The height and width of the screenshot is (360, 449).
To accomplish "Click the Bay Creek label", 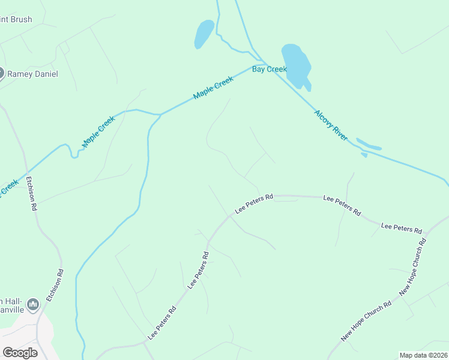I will coord(270,69).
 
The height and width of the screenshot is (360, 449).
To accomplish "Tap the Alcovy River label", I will coord(331,125).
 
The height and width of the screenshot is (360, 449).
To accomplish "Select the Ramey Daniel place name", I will coord(33,74).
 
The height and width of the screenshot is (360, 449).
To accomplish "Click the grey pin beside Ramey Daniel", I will coord(1,73).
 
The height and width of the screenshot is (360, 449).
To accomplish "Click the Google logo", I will coord(20,353).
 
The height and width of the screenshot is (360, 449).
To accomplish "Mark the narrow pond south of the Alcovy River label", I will coord(369,145).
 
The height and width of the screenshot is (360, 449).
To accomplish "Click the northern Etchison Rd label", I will coord(31,193).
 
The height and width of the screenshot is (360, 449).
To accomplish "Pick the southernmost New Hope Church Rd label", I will coord(366,320).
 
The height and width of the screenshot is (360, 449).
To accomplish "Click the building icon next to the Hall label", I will coord(33,305).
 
